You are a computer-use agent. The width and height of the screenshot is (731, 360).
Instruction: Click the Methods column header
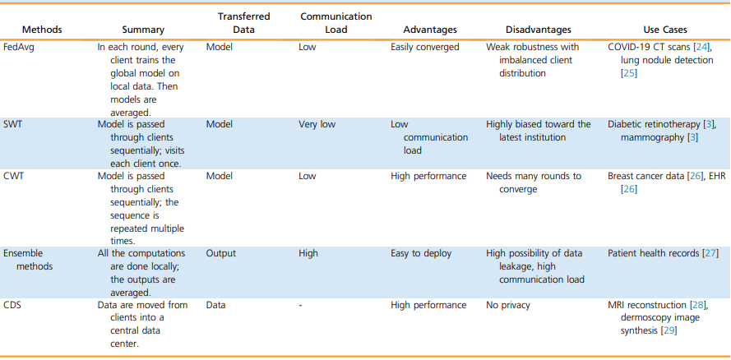[42, 30]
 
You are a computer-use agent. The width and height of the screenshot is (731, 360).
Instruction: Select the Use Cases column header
[665, 30]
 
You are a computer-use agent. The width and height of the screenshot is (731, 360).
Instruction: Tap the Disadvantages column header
[539, 30]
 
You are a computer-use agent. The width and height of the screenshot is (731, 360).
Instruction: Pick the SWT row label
[12, 124]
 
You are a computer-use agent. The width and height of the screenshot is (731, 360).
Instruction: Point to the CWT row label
[12, 176]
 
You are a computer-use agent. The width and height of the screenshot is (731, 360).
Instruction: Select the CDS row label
[12, 305]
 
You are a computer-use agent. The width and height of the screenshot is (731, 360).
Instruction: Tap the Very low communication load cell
[317, 124]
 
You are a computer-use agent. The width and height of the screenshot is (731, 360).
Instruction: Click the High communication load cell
[308, 253]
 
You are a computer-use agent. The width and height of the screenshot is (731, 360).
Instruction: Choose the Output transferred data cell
[220, 253]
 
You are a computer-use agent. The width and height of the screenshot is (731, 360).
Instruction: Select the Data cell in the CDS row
[216, 305]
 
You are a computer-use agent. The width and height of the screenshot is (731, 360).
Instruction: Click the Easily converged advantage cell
[425, 47]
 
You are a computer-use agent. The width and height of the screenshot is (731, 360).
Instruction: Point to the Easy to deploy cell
[421, 253]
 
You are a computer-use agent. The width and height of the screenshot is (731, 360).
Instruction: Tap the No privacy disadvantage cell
[509, 305]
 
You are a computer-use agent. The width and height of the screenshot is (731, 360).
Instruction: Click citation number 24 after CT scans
[701, 47]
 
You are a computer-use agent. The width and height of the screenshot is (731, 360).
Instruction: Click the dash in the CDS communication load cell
[301, 306]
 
